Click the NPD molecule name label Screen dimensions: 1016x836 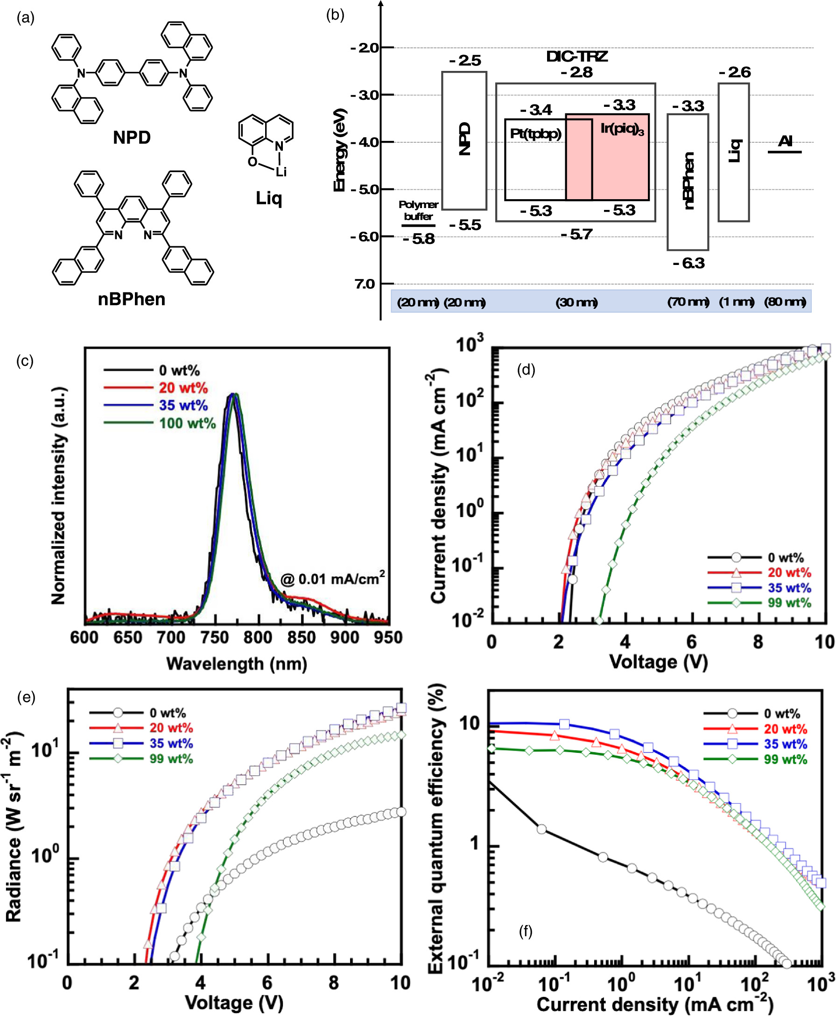click(132, 138)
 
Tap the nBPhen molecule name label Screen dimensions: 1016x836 click(132, 299)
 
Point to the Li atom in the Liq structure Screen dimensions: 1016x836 click(281, 172)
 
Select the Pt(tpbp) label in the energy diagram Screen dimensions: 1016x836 click(535, 134)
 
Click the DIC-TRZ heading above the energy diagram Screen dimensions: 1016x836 click(576, 57)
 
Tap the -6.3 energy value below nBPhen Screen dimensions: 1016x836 click(688, 263)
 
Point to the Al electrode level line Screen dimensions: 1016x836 click(785, 152)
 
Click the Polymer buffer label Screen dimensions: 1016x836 click(418, 210)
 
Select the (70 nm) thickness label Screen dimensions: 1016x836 click(688, 302)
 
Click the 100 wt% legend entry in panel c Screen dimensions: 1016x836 click(187, 424)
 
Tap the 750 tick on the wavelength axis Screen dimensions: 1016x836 click(215, 638)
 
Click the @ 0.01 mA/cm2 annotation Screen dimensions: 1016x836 click(333, 578)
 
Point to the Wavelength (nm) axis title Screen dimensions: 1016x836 click(237, 664)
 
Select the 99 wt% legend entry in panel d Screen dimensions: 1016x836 click(789, 603)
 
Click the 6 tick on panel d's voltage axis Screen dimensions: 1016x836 click(691, 642)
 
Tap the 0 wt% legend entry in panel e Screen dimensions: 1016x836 click(167, 713)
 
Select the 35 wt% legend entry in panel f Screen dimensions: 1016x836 click(785, 744)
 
